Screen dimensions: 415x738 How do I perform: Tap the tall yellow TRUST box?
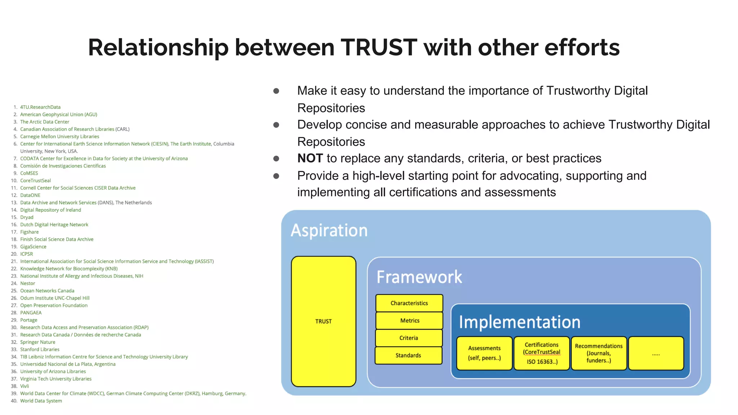323,321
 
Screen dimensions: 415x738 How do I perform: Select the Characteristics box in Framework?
409,303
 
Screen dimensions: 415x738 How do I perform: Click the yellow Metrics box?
409,321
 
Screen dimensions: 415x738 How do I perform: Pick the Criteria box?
409,338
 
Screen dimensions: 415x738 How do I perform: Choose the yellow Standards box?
408,355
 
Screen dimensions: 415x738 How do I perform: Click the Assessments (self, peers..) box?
484,353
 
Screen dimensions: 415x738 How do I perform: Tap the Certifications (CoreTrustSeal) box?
542,353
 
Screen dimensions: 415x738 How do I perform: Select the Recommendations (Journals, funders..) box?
599,353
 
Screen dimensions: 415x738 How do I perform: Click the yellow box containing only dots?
656,353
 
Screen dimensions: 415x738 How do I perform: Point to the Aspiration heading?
329,231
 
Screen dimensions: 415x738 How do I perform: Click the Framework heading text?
419,277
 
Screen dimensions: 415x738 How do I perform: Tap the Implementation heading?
519,322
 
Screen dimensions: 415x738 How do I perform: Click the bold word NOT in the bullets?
310,159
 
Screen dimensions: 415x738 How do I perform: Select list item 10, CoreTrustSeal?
35,180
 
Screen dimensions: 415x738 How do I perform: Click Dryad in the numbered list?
27,217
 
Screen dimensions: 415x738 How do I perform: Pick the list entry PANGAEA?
31,313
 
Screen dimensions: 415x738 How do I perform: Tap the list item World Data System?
41,401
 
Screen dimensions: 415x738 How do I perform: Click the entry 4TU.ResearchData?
40,107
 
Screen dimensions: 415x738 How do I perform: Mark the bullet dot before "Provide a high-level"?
276,176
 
